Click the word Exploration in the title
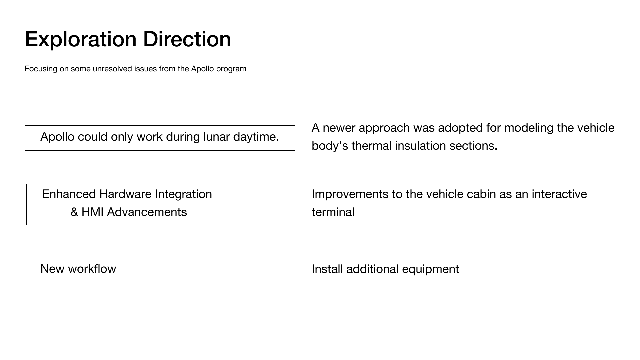click(81, 39)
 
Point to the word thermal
click(371, 146)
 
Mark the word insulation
click(420, 146)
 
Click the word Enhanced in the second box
click(69, 194)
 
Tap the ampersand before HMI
click(74, 212)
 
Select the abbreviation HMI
click(92, 212)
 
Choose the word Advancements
click(147, 212)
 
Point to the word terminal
click(333, 212)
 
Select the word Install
click(327, 269)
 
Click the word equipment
click(431, 269)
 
